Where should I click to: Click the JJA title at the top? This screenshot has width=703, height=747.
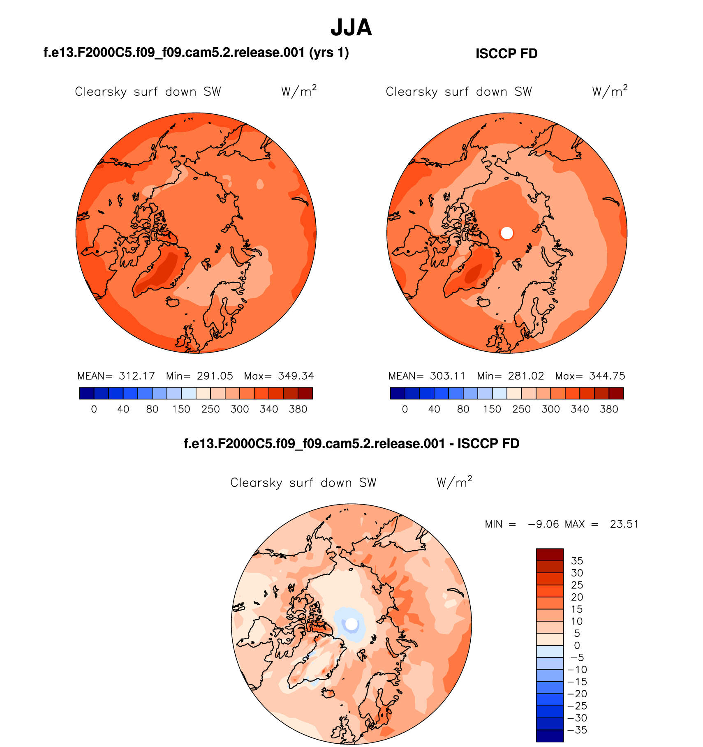(351, 28)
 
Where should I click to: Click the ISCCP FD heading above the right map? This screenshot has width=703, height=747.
(506, 54)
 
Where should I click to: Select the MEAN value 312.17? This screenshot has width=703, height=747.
(136, 376)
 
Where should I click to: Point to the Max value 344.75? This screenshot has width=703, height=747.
(607, 376)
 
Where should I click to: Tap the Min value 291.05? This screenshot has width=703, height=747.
(215, 376)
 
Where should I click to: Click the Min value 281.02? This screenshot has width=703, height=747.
(526, 376)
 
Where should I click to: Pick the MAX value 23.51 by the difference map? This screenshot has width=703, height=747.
(624, 524)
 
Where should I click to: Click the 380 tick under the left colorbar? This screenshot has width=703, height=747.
(298, 409)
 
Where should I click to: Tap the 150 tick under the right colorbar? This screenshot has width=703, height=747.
(492, 409)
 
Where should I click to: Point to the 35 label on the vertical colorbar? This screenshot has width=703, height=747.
(577, 561)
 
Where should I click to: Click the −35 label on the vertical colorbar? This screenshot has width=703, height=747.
(577, 730)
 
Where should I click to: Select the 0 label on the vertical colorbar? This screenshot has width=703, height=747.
(577, 646)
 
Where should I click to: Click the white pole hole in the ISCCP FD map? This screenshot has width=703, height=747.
(507, 233)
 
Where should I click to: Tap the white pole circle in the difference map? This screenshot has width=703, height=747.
(351, 624)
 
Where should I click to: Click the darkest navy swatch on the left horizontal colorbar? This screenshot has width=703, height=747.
(86, 394)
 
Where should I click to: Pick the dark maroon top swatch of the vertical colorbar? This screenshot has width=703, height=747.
(550, 554)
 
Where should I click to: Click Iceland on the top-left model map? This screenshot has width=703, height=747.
(173, 302)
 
